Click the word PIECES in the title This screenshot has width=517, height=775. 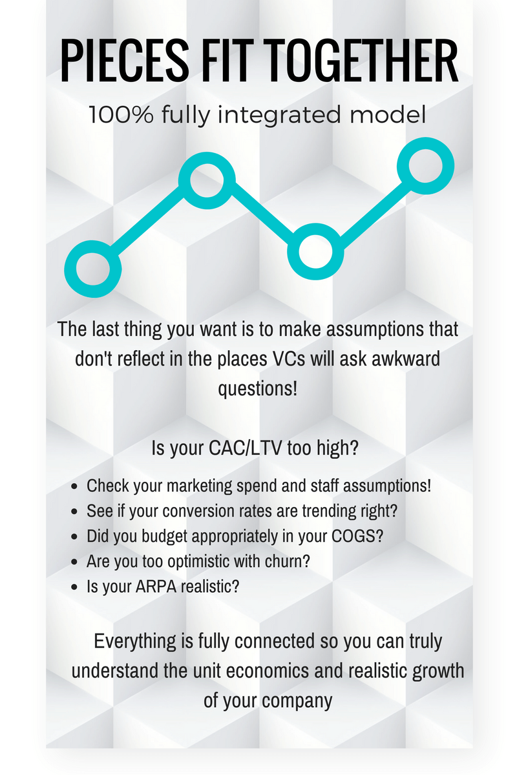125,61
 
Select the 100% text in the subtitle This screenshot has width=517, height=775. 121,114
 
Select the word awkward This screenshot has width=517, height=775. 406,359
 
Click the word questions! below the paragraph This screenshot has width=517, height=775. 258,389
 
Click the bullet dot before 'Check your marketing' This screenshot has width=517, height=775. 74,486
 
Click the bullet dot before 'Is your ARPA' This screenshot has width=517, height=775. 74,587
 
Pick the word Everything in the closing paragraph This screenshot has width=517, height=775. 135,641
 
